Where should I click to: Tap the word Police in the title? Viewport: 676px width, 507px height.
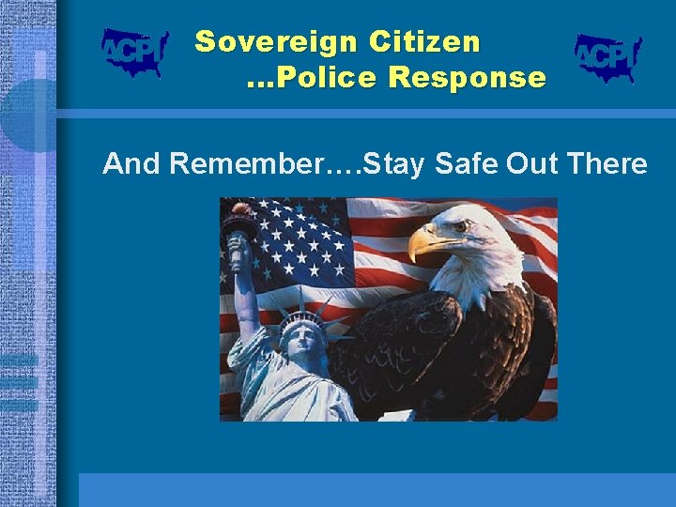[x=328, y=78]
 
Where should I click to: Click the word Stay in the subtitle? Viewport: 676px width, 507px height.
[x=393, y=164]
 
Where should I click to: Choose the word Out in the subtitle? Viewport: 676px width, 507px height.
[x=532, y=164]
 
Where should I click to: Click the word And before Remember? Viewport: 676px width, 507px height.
[x=131, y=164]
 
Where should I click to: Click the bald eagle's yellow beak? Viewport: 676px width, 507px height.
[x=424, y=241]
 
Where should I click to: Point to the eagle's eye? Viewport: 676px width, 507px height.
[x=460, y=226]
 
